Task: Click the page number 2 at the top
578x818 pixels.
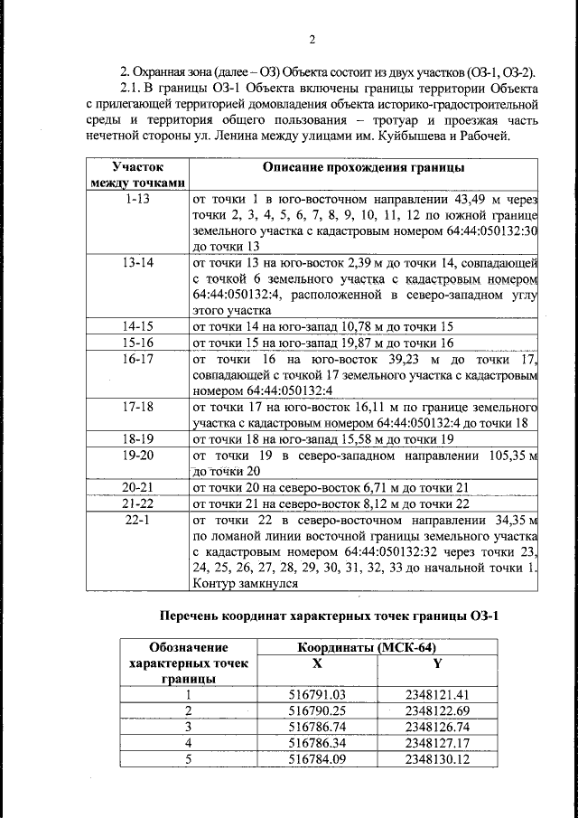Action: (x=310, y=39)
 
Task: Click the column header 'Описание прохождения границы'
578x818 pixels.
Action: (x=364, y=169)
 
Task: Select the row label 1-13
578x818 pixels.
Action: (x=138, y=198)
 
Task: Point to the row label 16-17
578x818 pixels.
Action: (x=138, y=359)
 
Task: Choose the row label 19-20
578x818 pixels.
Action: (x=138, y=456)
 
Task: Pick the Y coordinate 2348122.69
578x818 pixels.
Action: (x=436, y=710)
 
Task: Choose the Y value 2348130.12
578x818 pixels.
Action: (x=436, y=759)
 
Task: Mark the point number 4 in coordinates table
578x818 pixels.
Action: (x=189, y=743)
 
